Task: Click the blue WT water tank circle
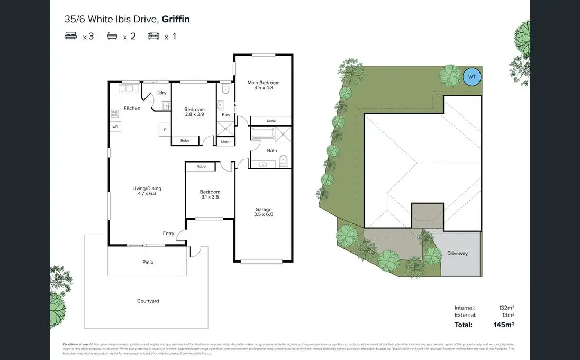(x=472, y=77)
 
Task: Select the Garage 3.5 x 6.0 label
(x=263, y=212)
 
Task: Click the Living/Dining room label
(x=147, y=191)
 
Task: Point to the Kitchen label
(x=132, y=108)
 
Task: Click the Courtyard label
(x=148, y=301)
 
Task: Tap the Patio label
(x=148, y=262)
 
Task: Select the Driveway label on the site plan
(x=457, y=253)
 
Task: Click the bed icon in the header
(x=70, y=36)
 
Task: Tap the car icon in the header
(x=153, y=36)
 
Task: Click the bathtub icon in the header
(x=112, y=36)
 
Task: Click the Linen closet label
(x=225, y=142)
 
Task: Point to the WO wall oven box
(x=115, y=127)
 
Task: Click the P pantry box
(x=165, y=130)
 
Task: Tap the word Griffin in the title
(x=176, y=20)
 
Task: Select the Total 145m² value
(x=504, y=325)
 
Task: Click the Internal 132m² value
(x=506, y=308)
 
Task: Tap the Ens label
(x=225, y=115)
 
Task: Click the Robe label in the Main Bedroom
(x=271, y=121)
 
